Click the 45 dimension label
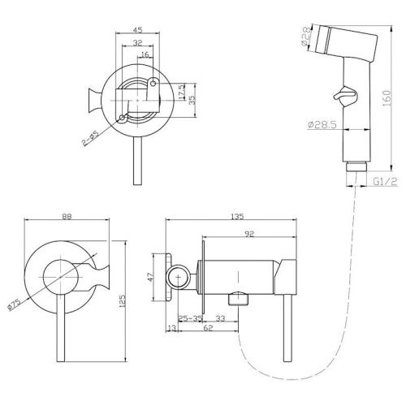pyautogui.click(x=137, y=29)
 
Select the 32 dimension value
pyautogui.click(x=137, y=42)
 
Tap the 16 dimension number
pyautogui.click(x=145, y=54)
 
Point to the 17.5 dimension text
pyautogui.click(x=182, y=91)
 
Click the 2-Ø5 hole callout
pyautogui.click(x=91, y=139)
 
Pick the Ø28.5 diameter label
pyautogui.click(x=322, y=125)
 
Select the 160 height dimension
pyautogui.click(x=387, y=98)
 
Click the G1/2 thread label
pyautogui.click(x=385, y=182)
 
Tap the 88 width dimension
pyautogui.click(x=67, y=217)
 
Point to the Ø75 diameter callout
pyautogui.click(x=14, y=304)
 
